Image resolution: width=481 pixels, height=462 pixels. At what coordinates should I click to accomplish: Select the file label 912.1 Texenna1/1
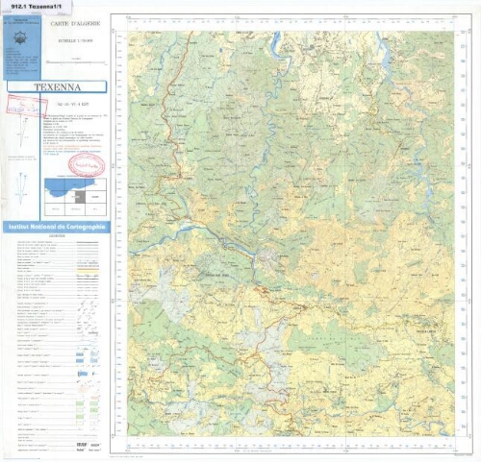(x=37, y=6)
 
